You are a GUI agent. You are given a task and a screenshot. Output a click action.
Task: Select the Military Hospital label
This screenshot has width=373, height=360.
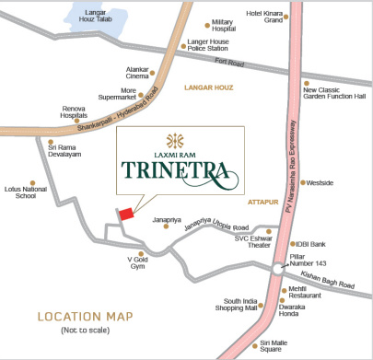[x=223, y=25]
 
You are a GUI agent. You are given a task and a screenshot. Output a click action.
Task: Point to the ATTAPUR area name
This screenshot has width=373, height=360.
[x=262, y=200]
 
